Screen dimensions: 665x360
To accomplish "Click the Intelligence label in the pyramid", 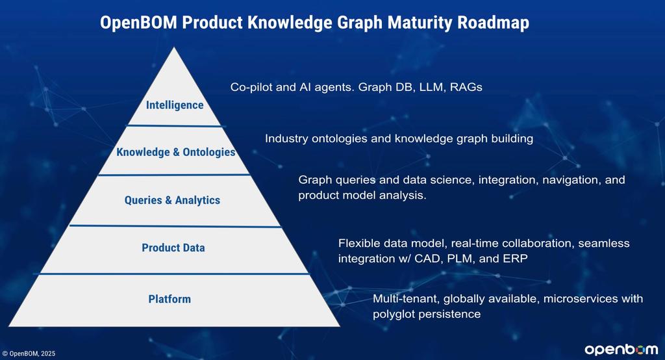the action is [x=175, y=105].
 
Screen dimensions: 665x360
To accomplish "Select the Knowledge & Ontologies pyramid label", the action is [x=175, y=152].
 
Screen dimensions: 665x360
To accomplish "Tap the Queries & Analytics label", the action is [x=172, y=200].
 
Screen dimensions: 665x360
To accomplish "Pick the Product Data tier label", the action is [x=173, y=248].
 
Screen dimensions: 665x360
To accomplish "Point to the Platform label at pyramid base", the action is [x=169, y=299].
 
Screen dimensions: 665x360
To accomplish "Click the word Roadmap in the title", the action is [x=494, y=23].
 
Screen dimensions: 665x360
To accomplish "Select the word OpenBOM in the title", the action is [x=138, y=23].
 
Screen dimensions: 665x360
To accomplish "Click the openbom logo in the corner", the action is [x=621, y=350].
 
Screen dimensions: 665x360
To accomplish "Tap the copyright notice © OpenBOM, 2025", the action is [x=29, y=354].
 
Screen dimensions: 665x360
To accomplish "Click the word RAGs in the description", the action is [x=466, y=87].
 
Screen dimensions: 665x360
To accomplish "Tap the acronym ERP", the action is [x=515, y=259].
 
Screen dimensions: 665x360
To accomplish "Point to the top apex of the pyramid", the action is [x=174, y=47].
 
